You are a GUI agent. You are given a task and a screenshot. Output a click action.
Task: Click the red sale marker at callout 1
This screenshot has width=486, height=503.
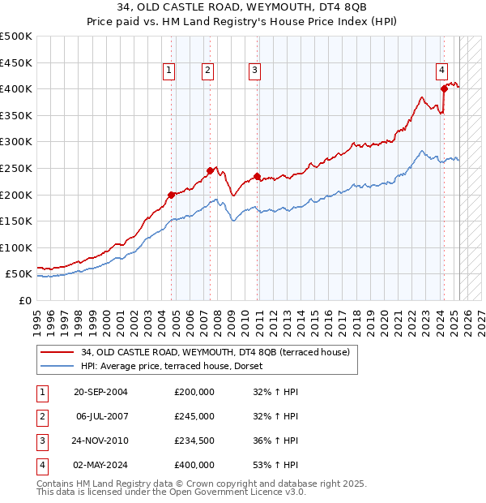[172, 195]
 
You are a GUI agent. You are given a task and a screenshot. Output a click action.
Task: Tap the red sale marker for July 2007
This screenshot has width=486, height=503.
[210, 170]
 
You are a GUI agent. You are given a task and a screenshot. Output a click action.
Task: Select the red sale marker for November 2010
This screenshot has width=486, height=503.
[257, 176]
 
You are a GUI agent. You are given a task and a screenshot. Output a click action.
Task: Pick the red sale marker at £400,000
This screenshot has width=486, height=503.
[444, 88]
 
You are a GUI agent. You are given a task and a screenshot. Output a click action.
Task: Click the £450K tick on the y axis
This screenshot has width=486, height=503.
[16, 62]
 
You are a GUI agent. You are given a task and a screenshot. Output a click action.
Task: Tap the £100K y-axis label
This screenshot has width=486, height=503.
[16, 247]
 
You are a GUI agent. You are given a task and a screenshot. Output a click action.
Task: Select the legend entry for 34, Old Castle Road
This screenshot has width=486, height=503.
[215, 352]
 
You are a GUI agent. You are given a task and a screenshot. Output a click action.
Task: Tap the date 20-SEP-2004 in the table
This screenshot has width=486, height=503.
[100, 392]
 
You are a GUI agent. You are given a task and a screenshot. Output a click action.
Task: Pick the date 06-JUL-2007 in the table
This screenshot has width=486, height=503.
[100, 416]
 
